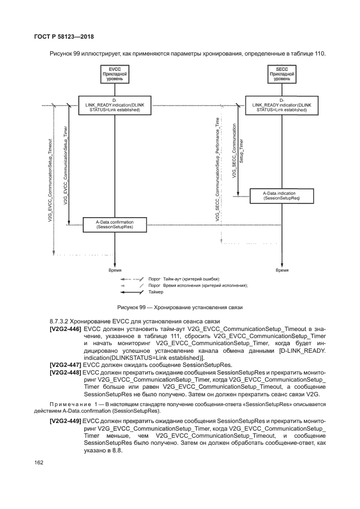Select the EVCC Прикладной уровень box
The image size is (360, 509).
click(x=114, y=75)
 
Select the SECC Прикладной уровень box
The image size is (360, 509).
click(x=282, y=75)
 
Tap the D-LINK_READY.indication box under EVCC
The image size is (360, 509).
click(x=114, y=105)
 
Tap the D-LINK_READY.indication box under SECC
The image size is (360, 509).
click(x=282, y=105)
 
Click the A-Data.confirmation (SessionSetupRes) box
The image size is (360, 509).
click(x=114, y=224)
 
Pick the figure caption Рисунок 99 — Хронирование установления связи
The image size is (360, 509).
click(x=179, y=307)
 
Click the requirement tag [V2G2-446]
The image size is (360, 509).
click(x=66, y=329)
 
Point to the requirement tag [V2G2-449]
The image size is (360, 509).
click(x=66, y=421)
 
